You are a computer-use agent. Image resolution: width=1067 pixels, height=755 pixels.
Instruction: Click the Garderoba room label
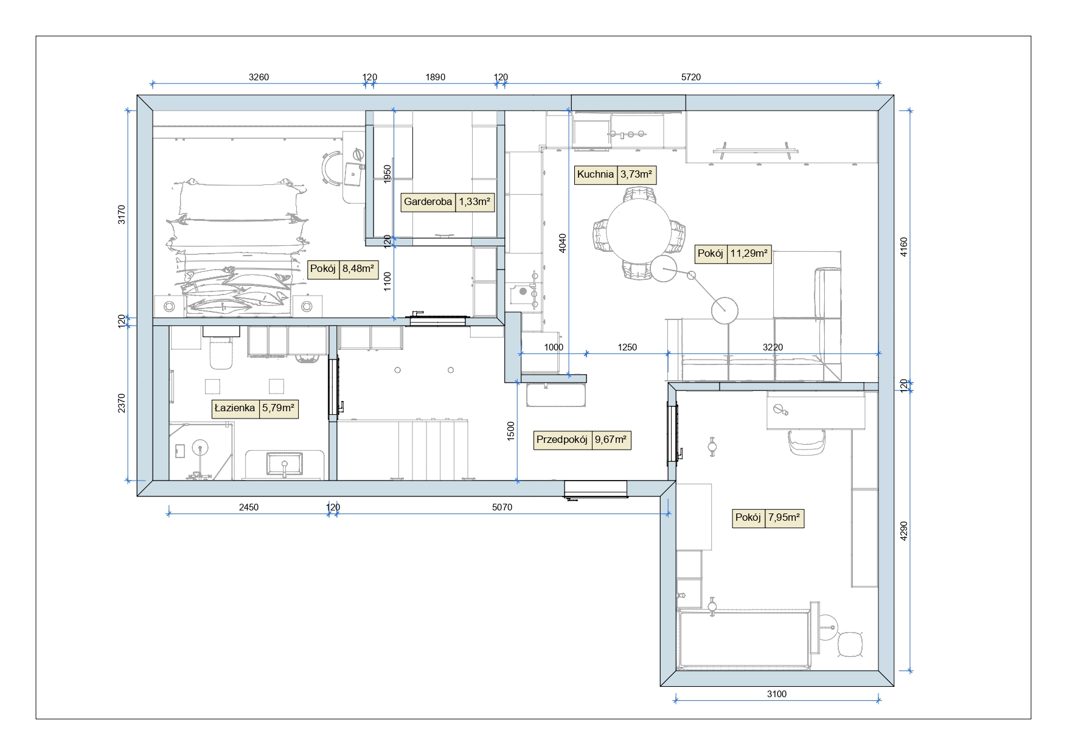(428, 201)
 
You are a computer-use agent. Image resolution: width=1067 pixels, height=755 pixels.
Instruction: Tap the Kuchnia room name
(596, 175)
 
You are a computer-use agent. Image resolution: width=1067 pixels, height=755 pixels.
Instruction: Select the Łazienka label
(234, 408)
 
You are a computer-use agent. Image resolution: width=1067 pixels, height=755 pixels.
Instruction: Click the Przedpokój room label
(562, 440)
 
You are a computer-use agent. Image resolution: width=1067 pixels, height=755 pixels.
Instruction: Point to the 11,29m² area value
(749, 254)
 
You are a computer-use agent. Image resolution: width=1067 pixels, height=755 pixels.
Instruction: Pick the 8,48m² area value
(358, 268)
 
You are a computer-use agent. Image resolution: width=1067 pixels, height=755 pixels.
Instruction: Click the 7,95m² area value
(784, 518)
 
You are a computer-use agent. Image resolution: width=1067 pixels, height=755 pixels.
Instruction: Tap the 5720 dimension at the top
(691, 77)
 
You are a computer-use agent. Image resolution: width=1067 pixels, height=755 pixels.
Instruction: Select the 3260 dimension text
(259, 77)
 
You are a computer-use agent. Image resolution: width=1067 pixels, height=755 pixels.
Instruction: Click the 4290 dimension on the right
(903, 531)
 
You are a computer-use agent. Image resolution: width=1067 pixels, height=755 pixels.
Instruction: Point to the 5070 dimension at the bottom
(502, 507)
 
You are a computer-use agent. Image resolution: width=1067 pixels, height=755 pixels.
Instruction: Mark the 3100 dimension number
(777, 694)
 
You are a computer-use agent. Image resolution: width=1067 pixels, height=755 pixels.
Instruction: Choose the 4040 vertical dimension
(563, 243)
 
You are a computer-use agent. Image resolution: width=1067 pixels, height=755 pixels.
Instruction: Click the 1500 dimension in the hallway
(511, 431)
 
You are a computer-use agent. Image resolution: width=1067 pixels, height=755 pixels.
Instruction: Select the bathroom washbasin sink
(284, 464)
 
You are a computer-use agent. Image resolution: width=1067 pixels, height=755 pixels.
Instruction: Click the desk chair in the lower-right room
(807, 442)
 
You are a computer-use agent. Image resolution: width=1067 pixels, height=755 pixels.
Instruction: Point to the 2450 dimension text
(248, 507)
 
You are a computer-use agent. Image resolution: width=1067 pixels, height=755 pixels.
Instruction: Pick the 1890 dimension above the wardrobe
(435, 77)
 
